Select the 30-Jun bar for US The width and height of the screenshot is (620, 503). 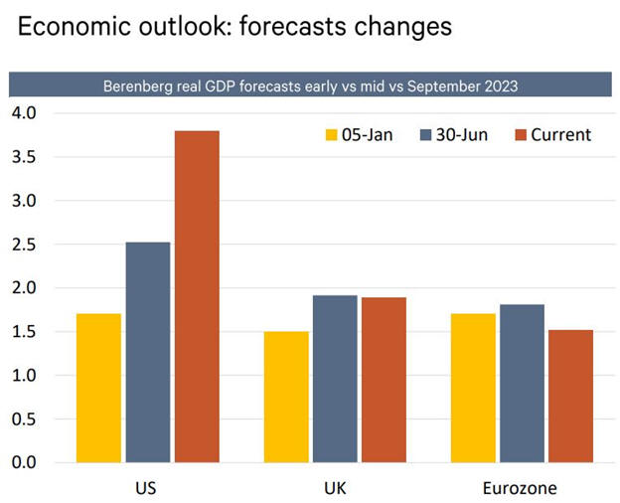[148, 352]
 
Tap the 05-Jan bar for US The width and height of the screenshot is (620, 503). [98, 388]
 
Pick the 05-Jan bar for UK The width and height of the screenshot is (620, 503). [286, 397]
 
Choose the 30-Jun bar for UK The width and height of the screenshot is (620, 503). [335, 379]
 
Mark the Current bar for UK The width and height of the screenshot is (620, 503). [384, 380]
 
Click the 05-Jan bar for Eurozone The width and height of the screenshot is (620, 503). [473, 388]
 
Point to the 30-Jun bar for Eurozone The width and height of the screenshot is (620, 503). [522, 383]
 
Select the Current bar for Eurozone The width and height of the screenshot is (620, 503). [570, 396]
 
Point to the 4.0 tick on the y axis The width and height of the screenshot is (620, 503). [24, 112]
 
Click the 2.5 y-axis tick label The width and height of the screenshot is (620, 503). [24, 244]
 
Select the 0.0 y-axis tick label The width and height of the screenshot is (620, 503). [24, 462]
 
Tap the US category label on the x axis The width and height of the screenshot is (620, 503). [145, 489]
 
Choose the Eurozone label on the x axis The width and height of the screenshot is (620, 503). [522, 489]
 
